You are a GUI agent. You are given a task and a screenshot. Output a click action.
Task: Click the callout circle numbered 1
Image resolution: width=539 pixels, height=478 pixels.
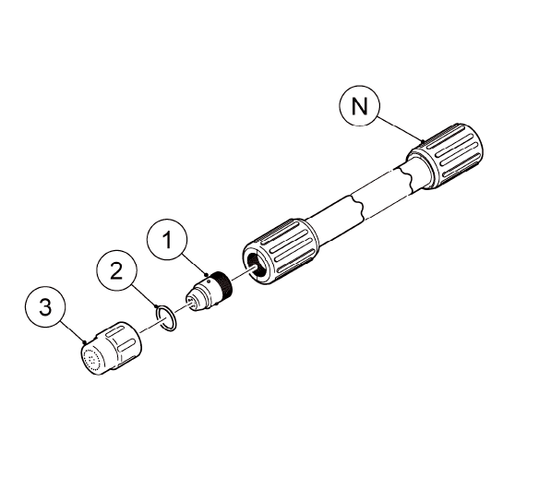click(167, 243)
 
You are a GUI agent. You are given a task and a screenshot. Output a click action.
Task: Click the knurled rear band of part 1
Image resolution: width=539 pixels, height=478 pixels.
click(222, 283)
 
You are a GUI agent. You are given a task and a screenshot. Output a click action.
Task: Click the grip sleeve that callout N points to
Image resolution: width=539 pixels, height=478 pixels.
click(448, 159)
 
